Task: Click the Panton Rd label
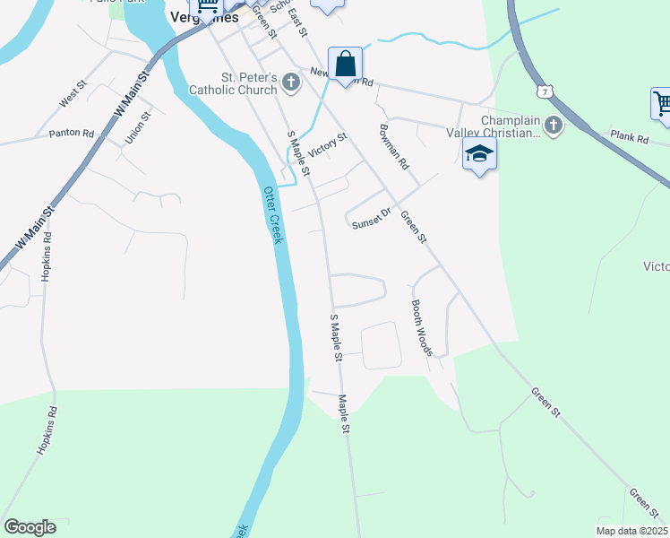tap(72, 134)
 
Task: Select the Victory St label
tap(327, 143)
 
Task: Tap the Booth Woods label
tap(421, 327)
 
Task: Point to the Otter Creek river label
tap(272, 215)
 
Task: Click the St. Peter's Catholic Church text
tap(234, 83)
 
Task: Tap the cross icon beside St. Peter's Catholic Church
tap(290, 83)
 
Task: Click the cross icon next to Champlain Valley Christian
tap(554, 126)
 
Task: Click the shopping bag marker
tap(345, 65)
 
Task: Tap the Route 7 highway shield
tap(544, 91)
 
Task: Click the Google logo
tap(30, 527)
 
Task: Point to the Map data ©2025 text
tap(631, 531)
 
